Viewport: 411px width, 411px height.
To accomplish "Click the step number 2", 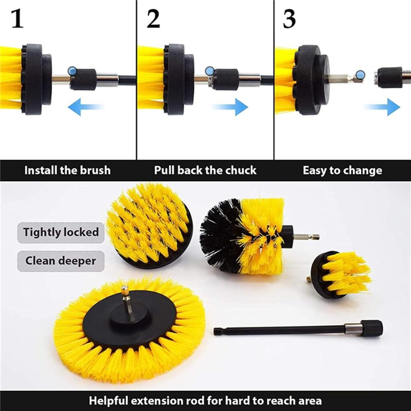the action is pyautogui.click(x=153, y=19).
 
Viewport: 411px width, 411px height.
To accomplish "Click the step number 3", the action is pyautogui.click(x=289, y=19).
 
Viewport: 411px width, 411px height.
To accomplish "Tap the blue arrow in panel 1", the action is pyautogui.click(x=86, y=107).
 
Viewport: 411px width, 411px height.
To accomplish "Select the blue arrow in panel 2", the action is pyautogui.click(x=230, y=107).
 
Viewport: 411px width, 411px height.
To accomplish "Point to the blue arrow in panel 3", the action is pyautogui.click(x=382, y=107).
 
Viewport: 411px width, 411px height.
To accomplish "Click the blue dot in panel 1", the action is pyautogui.click(x=72, y=71).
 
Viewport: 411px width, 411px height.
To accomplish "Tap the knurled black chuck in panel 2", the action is pyautogui.click(x=225, y=79).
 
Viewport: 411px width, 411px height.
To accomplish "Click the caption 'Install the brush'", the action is pyautogui.click(x=68, y=170).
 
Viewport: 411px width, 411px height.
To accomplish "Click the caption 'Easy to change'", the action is pyautogui.click(x=343, y=170).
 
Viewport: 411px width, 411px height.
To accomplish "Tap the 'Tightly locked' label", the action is pyautogui.click(x=61, y=232).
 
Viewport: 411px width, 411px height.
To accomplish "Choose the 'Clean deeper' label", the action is pyautogui.click(x=61, y=261).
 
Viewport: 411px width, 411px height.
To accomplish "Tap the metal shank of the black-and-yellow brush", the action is pyautogui.click(x=306, y=237).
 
